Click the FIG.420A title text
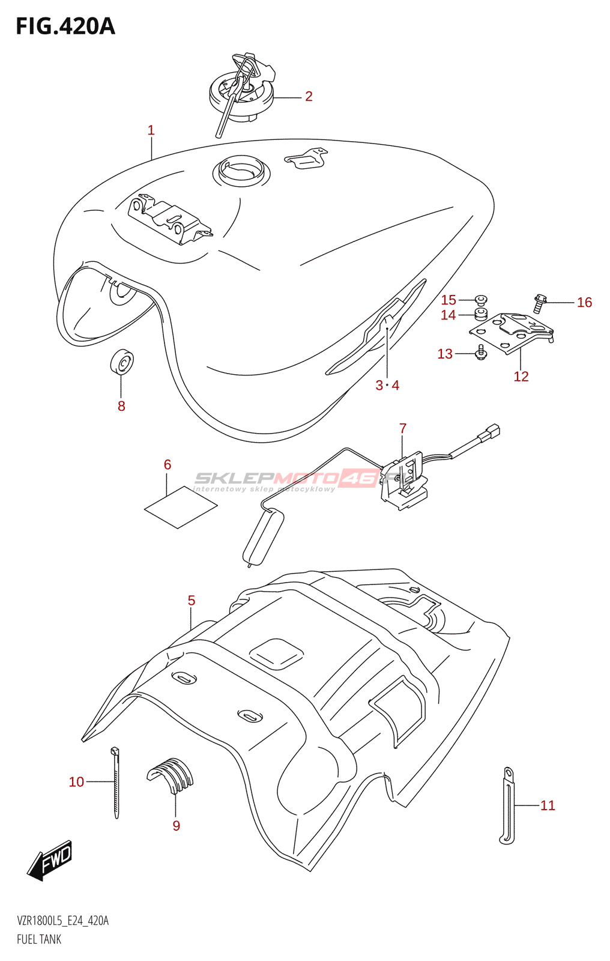(x=65, y=26)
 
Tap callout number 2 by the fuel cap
(x=309, y=96)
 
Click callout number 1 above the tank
(x=151, y=130)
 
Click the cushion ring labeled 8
(x=122, y=362)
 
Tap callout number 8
(x=121, y=406)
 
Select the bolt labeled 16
(x=539, y=303)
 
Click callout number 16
(x=584, y=303)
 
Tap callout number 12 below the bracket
(x=521, y=377)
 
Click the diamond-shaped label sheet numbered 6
(x=181, y=508)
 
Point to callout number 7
(x=403, y=428)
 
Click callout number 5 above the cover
(x=192, y=601)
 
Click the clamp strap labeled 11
(x=507, y=805)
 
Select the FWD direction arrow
(x=50, y=860)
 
